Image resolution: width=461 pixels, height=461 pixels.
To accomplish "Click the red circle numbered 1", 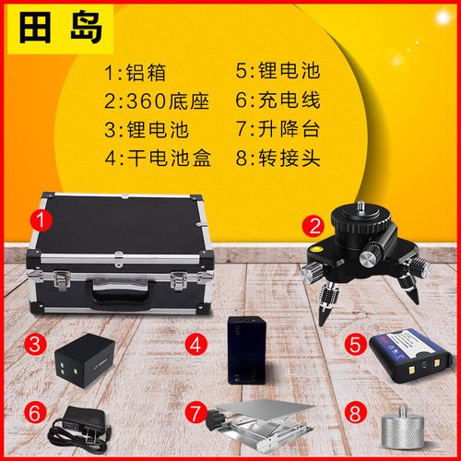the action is pyautogui.click(x=41, y=220).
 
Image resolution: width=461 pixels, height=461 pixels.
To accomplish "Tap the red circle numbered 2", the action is pyautogui.click(x=313, y=227).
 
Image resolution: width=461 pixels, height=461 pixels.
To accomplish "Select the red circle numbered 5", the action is pyautogui.click(x=356, y=344).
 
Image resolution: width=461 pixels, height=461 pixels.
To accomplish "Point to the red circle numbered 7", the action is pyautogui.click(x=196, y=413).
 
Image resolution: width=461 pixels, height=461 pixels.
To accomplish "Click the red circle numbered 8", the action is pyautogui.click(x=356, y=413).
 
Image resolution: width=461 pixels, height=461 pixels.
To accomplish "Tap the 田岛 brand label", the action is pyautogui.click(x=61, y=29).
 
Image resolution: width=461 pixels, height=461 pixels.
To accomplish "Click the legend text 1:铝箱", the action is pyautogui.click(x=136, y=73).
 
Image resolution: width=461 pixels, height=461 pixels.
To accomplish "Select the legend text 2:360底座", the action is pyautogui.click(x=157, y=100).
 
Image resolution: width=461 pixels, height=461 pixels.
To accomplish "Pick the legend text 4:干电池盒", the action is pyautogui.click(x=158, y=158).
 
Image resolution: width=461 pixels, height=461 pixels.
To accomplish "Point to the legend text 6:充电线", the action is pyautogui.click(x=278, y=100).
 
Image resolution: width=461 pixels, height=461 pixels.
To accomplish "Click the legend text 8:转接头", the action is pyautogui.click(x=278, y=158).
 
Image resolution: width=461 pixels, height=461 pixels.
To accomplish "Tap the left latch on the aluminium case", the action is pyautogui.click(x=62, y=279).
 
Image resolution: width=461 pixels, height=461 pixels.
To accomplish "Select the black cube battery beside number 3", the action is pyautogui.click(x=85, y=361).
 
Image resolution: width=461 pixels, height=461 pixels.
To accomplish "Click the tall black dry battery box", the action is pyautogui.click(x=246, y=349).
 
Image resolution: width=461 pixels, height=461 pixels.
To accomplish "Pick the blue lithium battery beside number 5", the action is pyautogui.click(x=410, y=355).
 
